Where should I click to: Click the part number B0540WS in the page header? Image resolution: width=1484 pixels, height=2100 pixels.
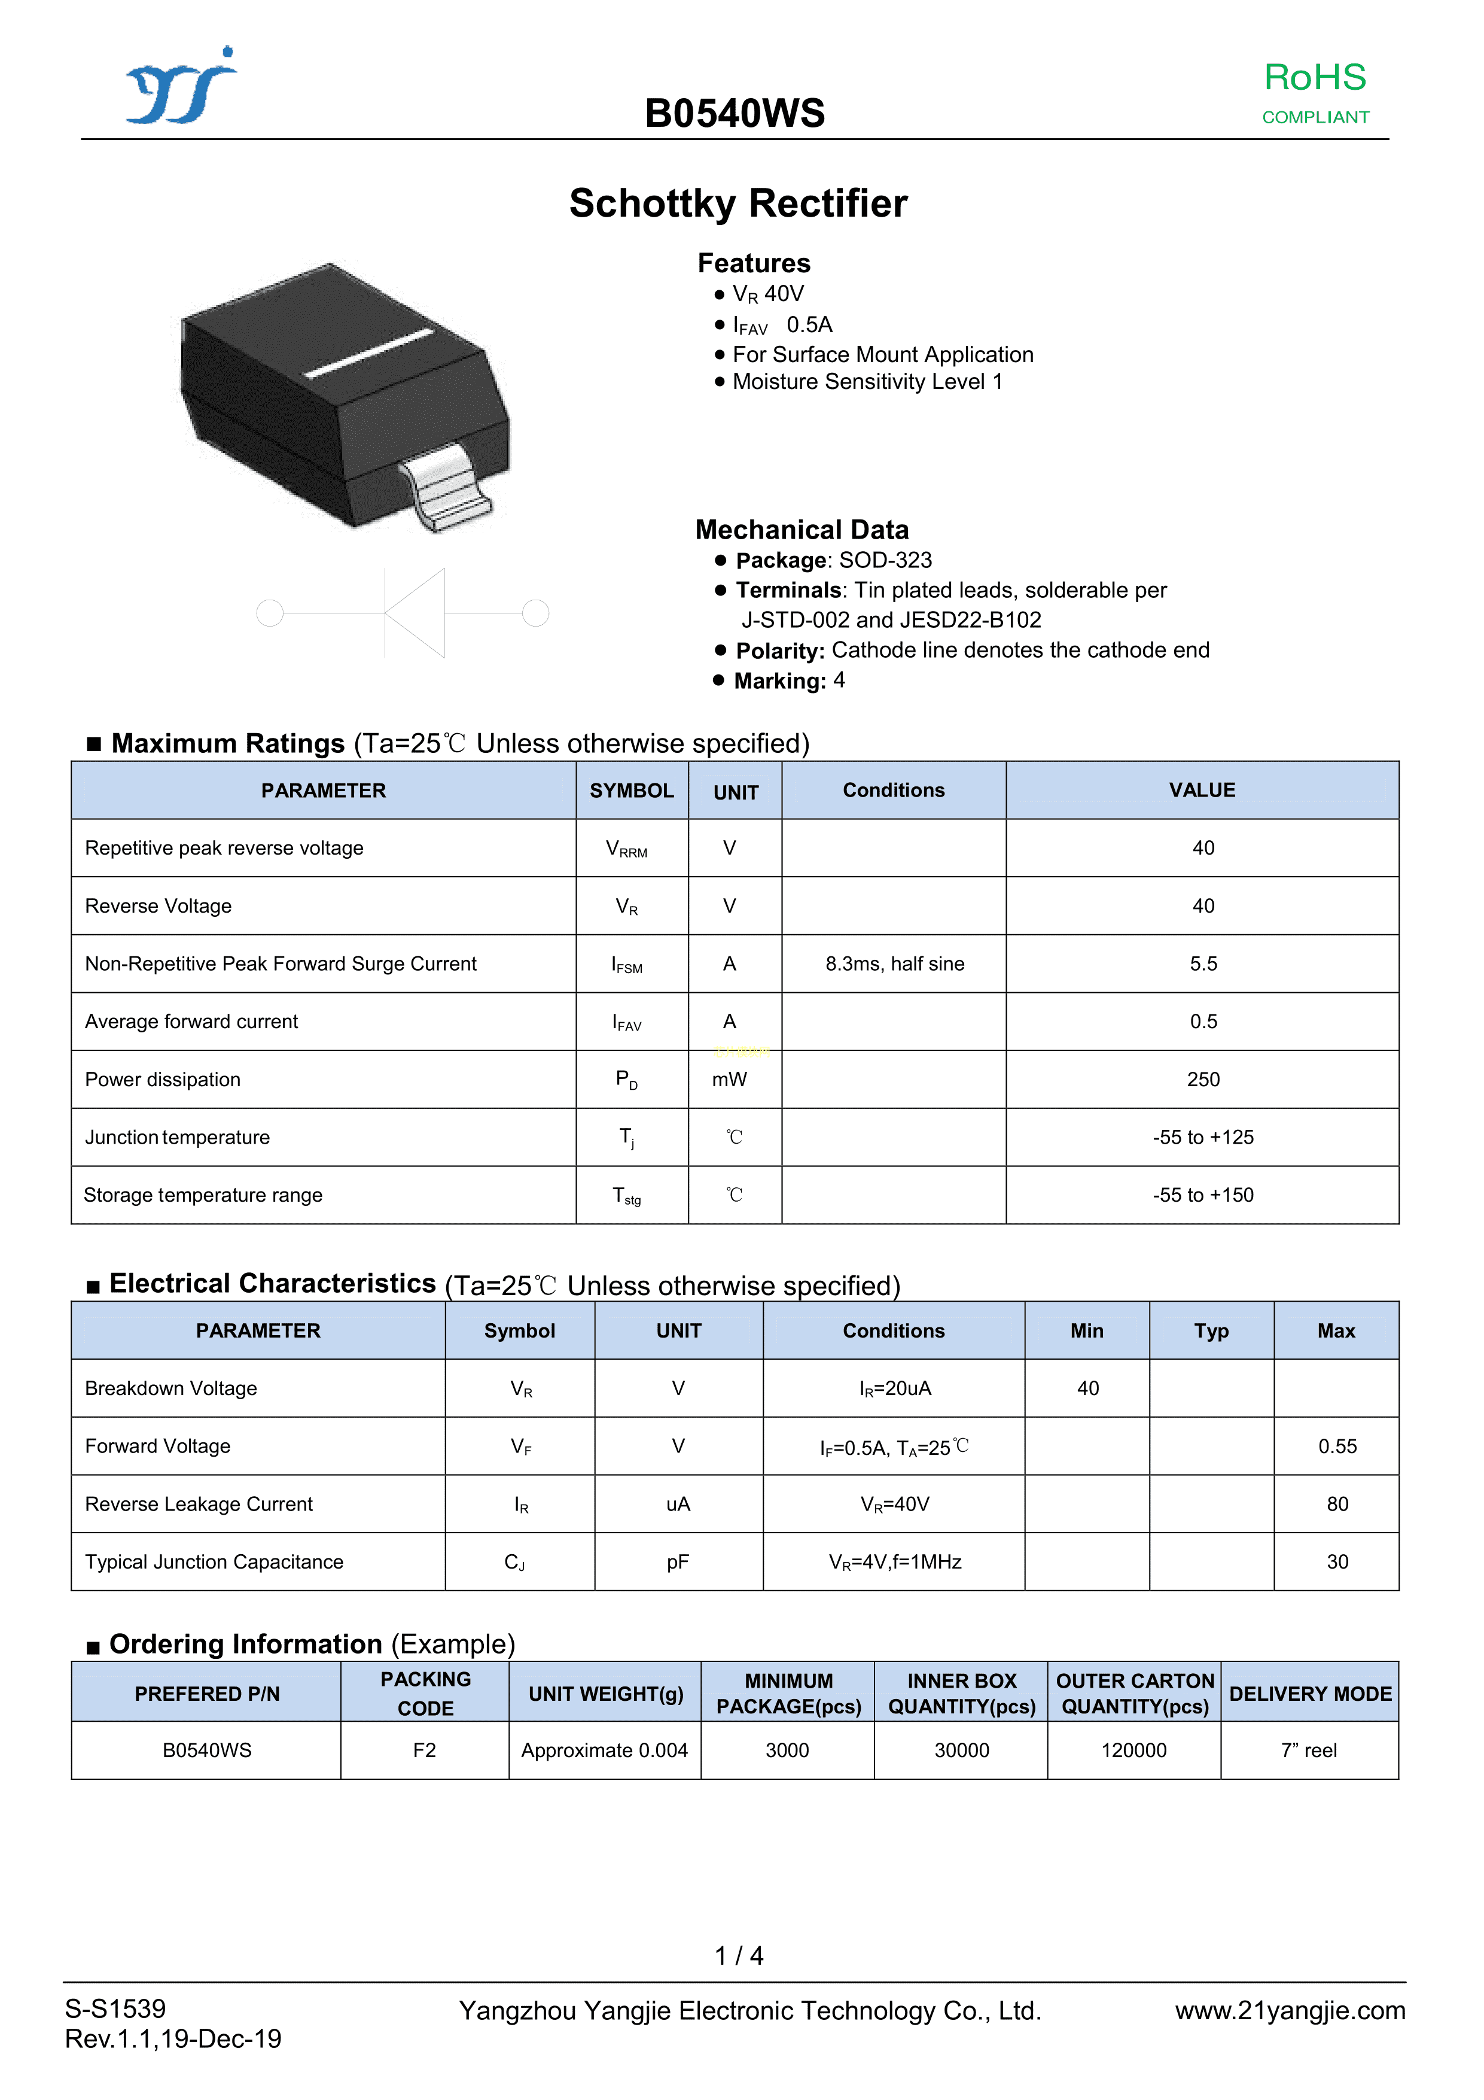tap(735, 114)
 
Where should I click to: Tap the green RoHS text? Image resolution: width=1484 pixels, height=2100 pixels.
tap(1314, 78)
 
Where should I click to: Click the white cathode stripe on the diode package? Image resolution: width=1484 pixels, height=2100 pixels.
tap(368, 353)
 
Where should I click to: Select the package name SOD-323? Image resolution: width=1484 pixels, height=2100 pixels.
tap(885, 560)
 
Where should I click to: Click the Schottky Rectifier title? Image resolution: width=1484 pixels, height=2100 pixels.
tap(738, 203)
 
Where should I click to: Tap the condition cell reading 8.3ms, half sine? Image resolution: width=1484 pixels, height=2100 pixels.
tap(894, 964)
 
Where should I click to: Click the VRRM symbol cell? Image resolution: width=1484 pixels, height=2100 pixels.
tap(627, 849)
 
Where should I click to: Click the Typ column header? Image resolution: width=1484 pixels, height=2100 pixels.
tap(1211, 1331)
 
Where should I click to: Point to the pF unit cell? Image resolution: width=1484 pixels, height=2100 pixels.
tap(678, 1562)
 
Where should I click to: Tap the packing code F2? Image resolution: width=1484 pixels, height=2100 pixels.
tap(424, 1750)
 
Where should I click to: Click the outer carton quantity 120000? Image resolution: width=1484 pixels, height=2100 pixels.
tap(1134, 1750)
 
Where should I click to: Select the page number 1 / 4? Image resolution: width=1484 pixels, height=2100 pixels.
tap(739, 1956)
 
